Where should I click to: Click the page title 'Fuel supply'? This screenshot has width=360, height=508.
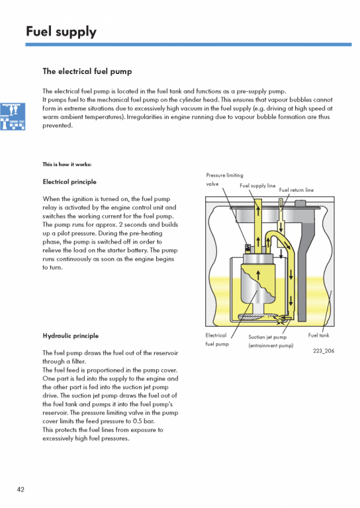(x=61, y=32)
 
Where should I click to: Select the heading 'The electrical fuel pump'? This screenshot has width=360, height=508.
(x=87, y=71)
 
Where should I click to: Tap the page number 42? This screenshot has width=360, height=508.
(x=21, y=489)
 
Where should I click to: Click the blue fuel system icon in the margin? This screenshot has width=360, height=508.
(x=13, y=116)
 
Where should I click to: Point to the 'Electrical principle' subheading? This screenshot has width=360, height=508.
(x=69, y=182)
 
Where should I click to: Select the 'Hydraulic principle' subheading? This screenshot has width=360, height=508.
(x=70, y=335)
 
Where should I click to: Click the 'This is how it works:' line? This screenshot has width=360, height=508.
(x=67, y=164)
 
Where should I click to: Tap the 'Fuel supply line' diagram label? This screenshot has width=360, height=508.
(x=257, y=186)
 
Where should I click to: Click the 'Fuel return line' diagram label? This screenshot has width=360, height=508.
(x=296, y=190)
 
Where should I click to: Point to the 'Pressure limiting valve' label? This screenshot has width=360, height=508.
(x=224, y=179)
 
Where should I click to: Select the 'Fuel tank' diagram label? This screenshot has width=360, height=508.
(x=318, y=335)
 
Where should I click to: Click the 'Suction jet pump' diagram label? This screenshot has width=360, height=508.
(x=267, y=337)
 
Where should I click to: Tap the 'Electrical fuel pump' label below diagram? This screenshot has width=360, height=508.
(x=217, y=339)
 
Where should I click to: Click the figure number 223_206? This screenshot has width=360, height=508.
(x=324, y=351)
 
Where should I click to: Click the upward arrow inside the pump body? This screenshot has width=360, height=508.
(x=258, y=275)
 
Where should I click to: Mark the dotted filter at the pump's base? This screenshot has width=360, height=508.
(x=257, y=317)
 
